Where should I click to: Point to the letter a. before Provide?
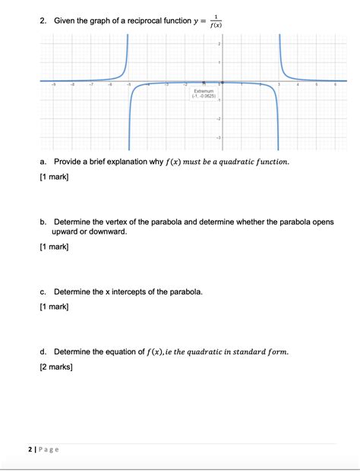pos(45,162)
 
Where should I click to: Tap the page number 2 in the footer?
pos(29,449)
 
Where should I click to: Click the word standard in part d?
pos(244,351)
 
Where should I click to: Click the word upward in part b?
pos(68,232)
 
